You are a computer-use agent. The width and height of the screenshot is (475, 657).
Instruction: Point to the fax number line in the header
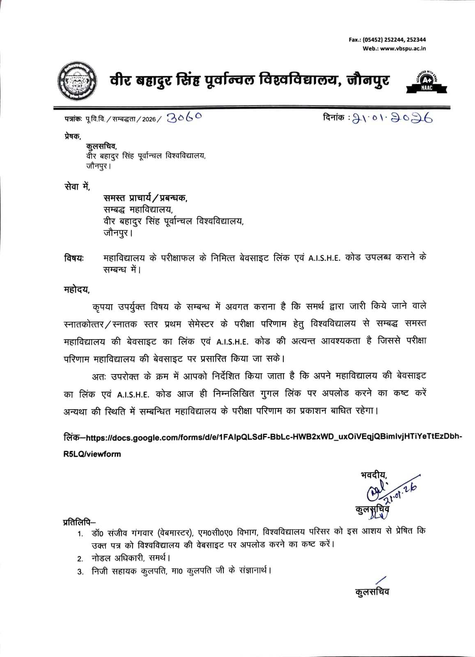tap(387, 39)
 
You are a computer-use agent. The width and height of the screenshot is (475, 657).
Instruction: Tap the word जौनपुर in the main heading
tap(368, 80)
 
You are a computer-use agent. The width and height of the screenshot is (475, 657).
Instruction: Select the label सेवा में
tap(77, 186)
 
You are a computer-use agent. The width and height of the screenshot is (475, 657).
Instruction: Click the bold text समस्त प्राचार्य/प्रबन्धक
tap(145, 198)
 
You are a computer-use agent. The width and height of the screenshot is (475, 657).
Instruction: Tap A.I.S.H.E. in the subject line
tap(324, 259)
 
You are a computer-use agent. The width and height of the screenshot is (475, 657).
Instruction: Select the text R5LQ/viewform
tap(92, 454)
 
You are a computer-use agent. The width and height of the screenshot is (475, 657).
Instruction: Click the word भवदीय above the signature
tap(374, 475)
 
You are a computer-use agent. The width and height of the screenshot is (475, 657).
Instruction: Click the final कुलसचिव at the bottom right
tap(372, 592)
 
